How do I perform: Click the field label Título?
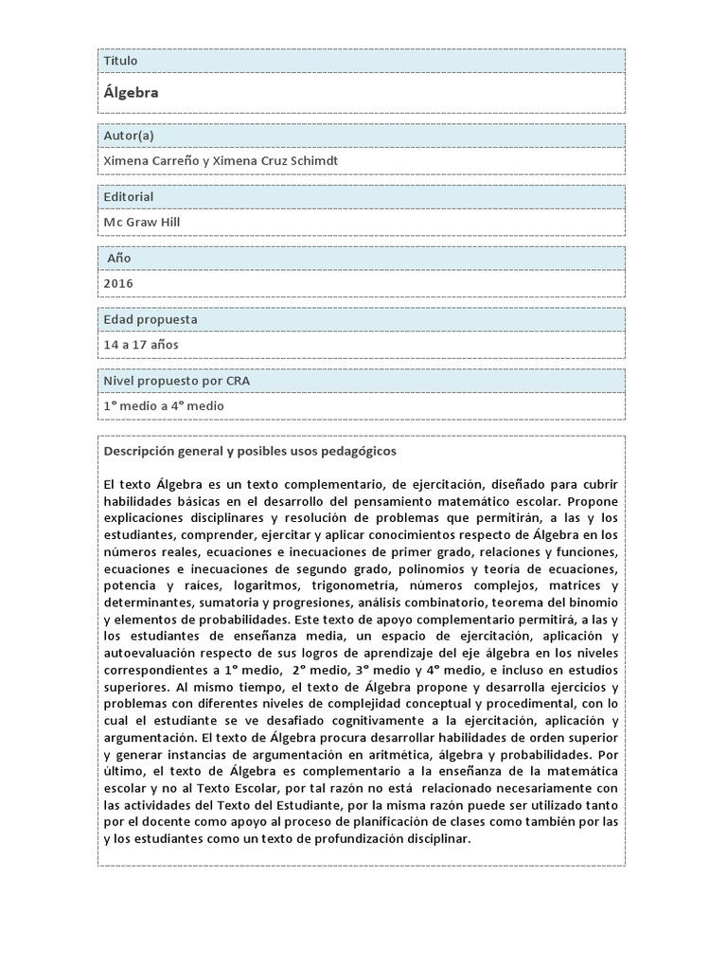[120, 61]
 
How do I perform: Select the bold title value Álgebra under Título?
[131, 93]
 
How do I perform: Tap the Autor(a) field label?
[129, 136]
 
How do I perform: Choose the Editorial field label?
[129, 197]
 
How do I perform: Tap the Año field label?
[119, 258]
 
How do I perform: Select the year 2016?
[118, 282]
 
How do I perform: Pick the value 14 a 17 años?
[141, 344]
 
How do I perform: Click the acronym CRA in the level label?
[238, 381]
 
